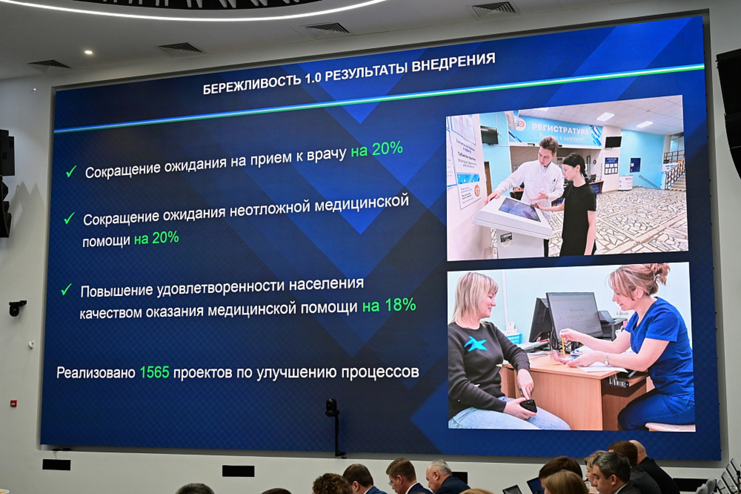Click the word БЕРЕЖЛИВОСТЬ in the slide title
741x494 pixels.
(x=252, y=84)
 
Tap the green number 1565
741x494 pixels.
(x=154, y=372)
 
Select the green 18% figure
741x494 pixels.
(x=400, y=305)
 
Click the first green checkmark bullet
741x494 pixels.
(x=71, y=171)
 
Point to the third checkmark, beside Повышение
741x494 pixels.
(x=66, y=290)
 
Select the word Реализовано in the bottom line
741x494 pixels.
(x=96, y=373)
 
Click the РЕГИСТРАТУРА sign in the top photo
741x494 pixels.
(x=560, y=128)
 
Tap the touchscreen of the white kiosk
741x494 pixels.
(x=519, y=208)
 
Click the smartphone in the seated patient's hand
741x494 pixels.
(x=528, y=405)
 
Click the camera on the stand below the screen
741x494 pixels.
(x=332, y=407)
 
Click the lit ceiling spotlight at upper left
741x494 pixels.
(x=88, y=52)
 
